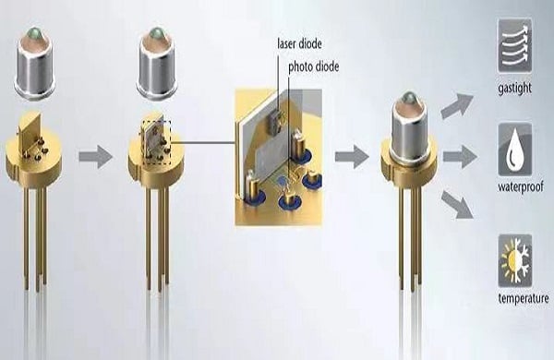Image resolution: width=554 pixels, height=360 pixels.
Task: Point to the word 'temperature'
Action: coord(523,298)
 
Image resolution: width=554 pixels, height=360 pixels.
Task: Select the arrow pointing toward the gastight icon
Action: coord(455,105)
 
